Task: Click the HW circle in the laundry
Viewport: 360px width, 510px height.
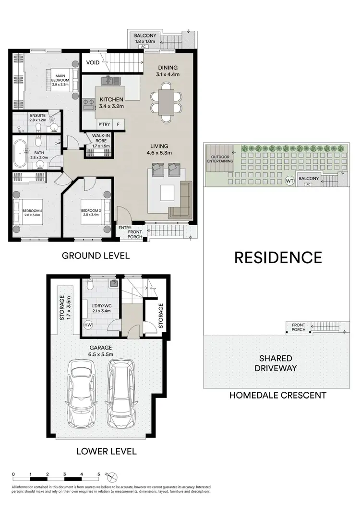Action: tap(88, 325)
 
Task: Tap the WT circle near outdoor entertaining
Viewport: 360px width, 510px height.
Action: tap(289, 181)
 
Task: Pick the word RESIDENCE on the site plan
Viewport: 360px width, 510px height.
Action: tap(277, 257)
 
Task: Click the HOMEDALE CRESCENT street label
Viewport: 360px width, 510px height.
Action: tap(277, 396)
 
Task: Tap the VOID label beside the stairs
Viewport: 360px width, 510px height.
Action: tap(93, 63)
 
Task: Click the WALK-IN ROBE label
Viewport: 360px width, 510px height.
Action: tap(101, 139)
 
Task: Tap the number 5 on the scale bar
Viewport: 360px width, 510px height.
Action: tap(98, 474)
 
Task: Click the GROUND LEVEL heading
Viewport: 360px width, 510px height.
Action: tap(96, 255)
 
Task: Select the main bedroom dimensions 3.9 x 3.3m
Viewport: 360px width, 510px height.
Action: tap(61, 85)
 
